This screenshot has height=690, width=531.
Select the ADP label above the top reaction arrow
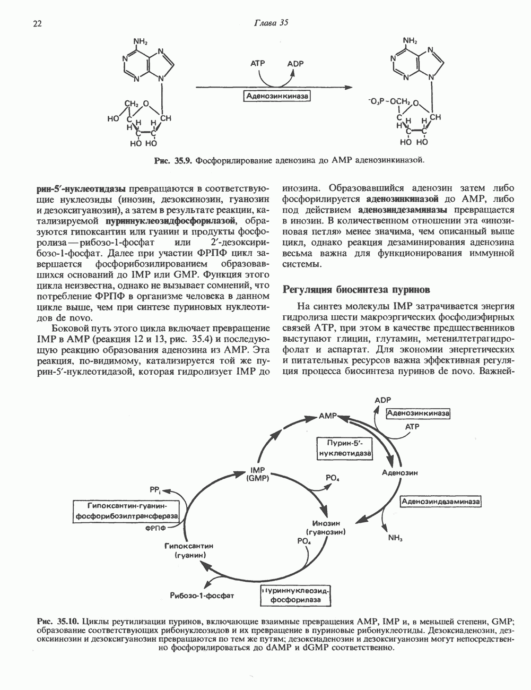coord(295,64)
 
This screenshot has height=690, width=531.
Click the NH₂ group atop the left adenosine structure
coord(141,40)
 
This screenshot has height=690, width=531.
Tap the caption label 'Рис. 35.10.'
coord(58,620)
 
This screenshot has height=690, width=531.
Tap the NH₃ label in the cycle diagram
coord(395,538)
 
